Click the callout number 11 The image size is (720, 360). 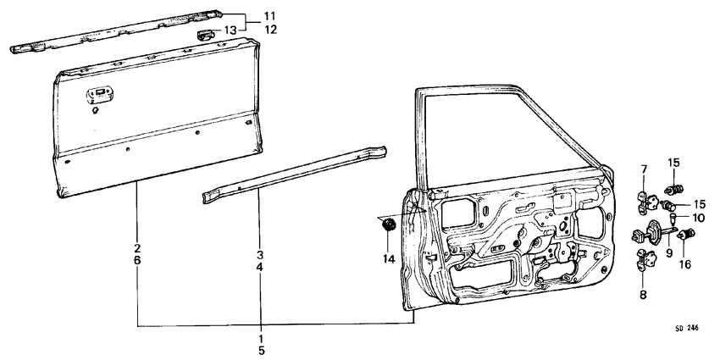[x=269, y=16]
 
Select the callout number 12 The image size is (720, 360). [x=269, y=30]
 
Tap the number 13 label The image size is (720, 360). [x=230, y=30]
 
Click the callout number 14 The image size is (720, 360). [x=389, y=258]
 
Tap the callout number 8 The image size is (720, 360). [x=644, y=296]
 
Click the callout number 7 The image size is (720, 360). [x=644, y=170]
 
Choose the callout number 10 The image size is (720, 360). [x=698, y=218]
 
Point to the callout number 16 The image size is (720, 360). [x=684, y=264]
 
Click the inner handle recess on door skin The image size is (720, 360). [x=97, y=95]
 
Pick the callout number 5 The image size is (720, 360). [x=261, y=348]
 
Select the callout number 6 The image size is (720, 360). [x=137, y=263]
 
